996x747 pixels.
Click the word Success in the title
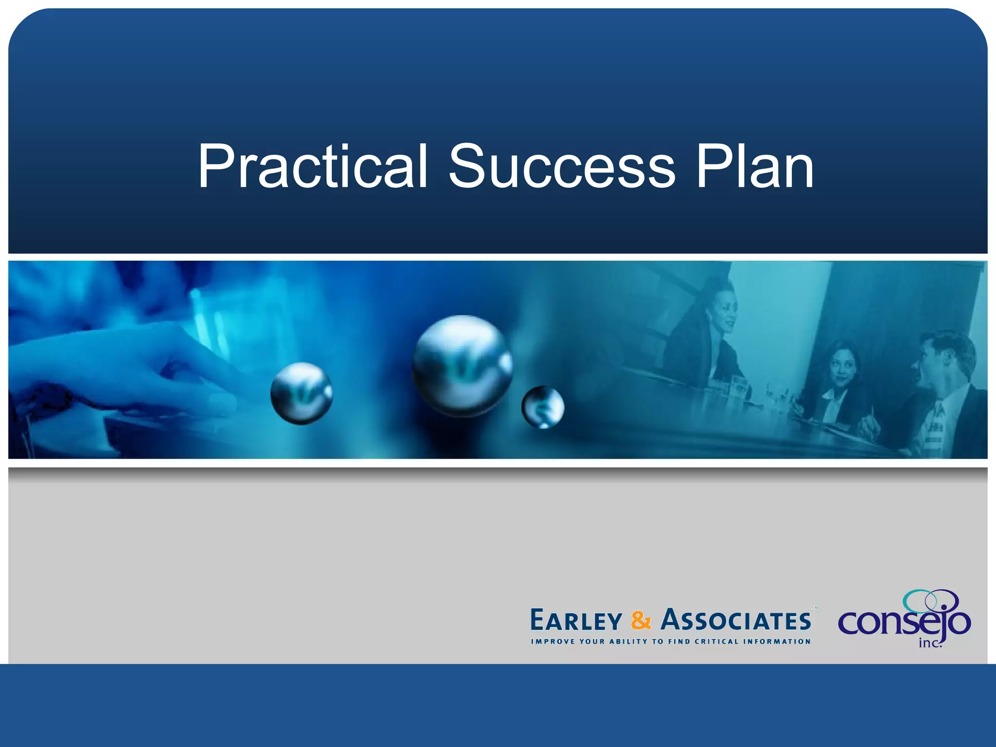tap(562, 167)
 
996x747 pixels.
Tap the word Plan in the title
tap(755, 167)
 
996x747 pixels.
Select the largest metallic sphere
tap(462, 366)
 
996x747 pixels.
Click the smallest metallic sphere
tap(543, 407)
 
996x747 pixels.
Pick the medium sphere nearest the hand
tap(302, 393)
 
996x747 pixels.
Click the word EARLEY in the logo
tap(576, 621)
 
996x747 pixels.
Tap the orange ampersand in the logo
tap(641, 621)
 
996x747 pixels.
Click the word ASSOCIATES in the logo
tap(736, 621)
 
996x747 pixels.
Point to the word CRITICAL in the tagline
tap(717, 641)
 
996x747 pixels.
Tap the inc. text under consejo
tap(930, 643)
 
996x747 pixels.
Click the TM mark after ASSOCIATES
tap(815, 608)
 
